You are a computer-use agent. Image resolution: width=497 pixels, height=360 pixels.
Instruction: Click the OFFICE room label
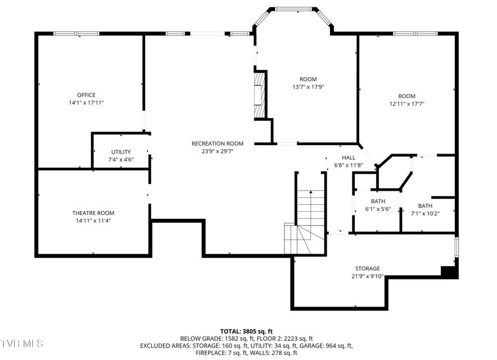tap(86, 95)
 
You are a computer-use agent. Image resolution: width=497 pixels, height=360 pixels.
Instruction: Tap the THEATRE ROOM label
tap(93, 213)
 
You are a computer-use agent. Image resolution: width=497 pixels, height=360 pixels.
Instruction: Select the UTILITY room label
tap(121, 152)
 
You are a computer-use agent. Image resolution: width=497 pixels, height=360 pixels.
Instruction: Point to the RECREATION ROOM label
tap(218, 143)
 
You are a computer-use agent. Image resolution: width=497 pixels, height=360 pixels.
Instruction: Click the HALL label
tap(349, 157)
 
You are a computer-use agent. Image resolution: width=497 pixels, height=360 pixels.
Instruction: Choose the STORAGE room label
tap(367, 269)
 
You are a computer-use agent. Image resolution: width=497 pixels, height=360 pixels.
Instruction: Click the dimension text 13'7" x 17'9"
tap(308, 87)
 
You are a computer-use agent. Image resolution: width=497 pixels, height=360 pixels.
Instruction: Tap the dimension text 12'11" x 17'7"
tap(407, 103)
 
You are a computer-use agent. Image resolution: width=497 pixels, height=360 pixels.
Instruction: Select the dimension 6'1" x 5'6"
tap(378, 209)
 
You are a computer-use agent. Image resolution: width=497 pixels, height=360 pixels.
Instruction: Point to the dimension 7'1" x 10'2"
tap(425, 214)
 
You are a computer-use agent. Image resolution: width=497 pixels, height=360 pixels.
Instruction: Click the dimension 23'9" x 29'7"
tap(218, 152)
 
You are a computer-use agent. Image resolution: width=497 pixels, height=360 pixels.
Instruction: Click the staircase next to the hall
tap(304, 222)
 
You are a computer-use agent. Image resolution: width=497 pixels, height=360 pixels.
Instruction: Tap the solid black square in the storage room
tap(449, 272)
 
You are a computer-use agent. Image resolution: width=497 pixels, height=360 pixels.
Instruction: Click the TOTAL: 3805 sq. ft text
tap(247, 332)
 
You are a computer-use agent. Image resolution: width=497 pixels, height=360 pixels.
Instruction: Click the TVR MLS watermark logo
tap(21, 344)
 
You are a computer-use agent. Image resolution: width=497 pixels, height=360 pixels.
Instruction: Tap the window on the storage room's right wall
tap(457, 247)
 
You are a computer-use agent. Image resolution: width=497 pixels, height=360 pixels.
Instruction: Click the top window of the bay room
tap(293, 9)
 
